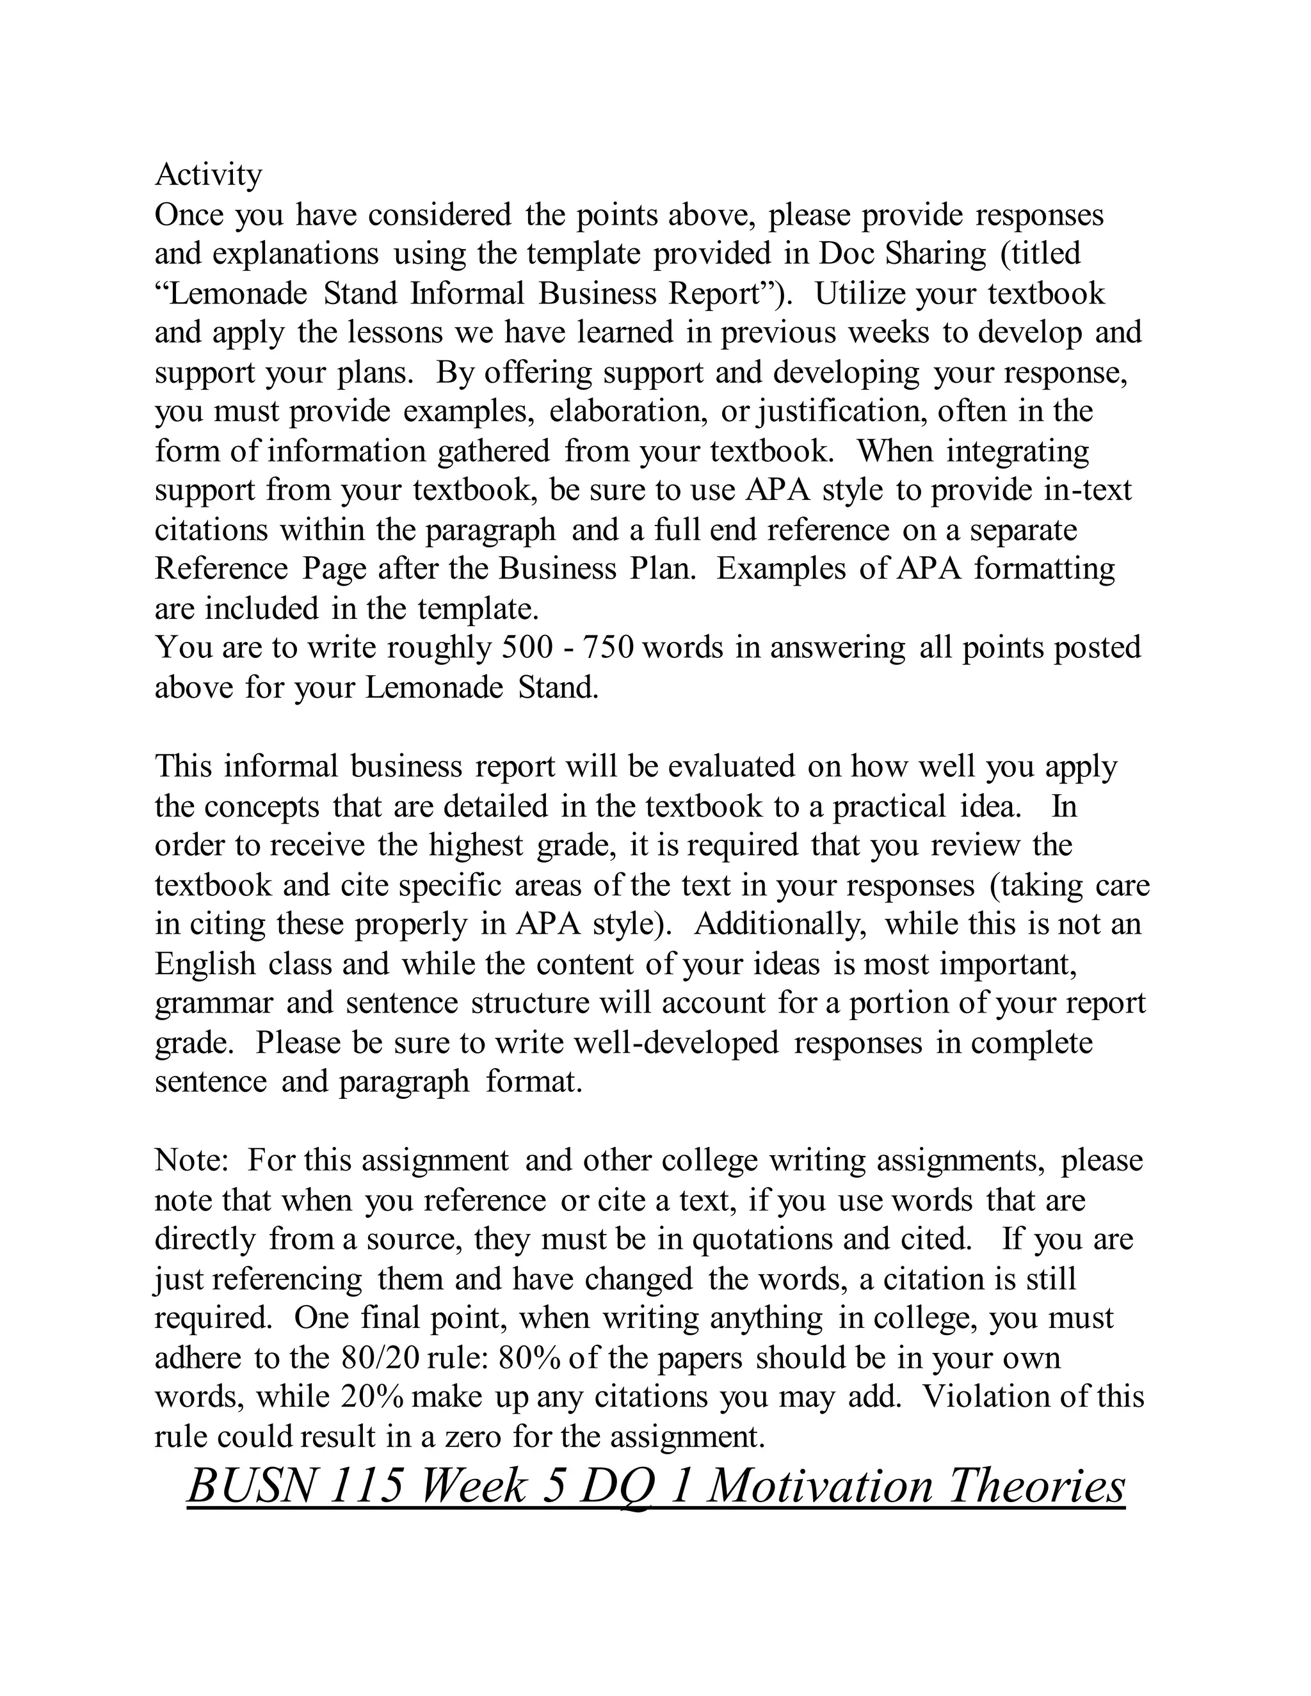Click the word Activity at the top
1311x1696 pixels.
tap(208, 175)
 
